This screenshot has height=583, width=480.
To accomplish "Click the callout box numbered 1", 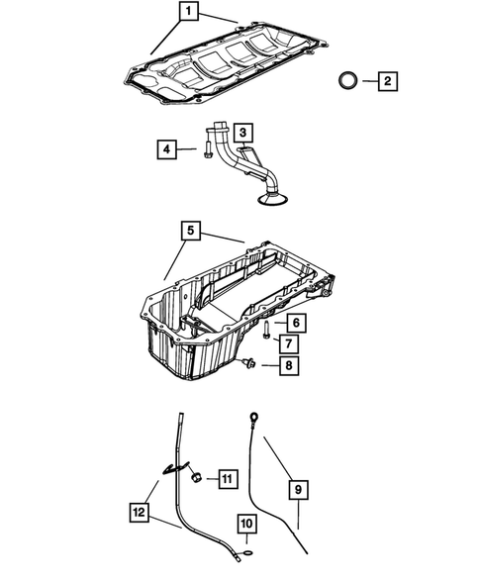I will [x=188, y=12].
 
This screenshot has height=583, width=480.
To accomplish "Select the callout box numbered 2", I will [x=387, y=80].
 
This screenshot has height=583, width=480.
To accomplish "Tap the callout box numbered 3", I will [x=243, y=131].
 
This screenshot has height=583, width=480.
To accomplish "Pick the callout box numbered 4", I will [x=168, y=149].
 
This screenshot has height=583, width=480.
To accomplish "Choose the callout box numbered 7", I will [x=289, y=343].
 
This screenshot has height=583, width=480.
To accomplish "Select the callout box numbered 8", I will [x=289, y=366].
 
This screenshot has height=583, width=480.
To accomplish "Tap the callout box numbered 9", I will [x=298, y=488].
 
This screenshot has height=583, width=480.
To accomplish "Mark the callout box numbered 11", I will [x=227, y=480].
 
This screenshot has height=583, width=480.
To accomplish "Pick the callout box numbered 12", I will [x=141, y=513].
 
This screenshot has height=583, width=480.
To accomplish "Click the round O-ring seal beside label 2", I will [x=347, y=80].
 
